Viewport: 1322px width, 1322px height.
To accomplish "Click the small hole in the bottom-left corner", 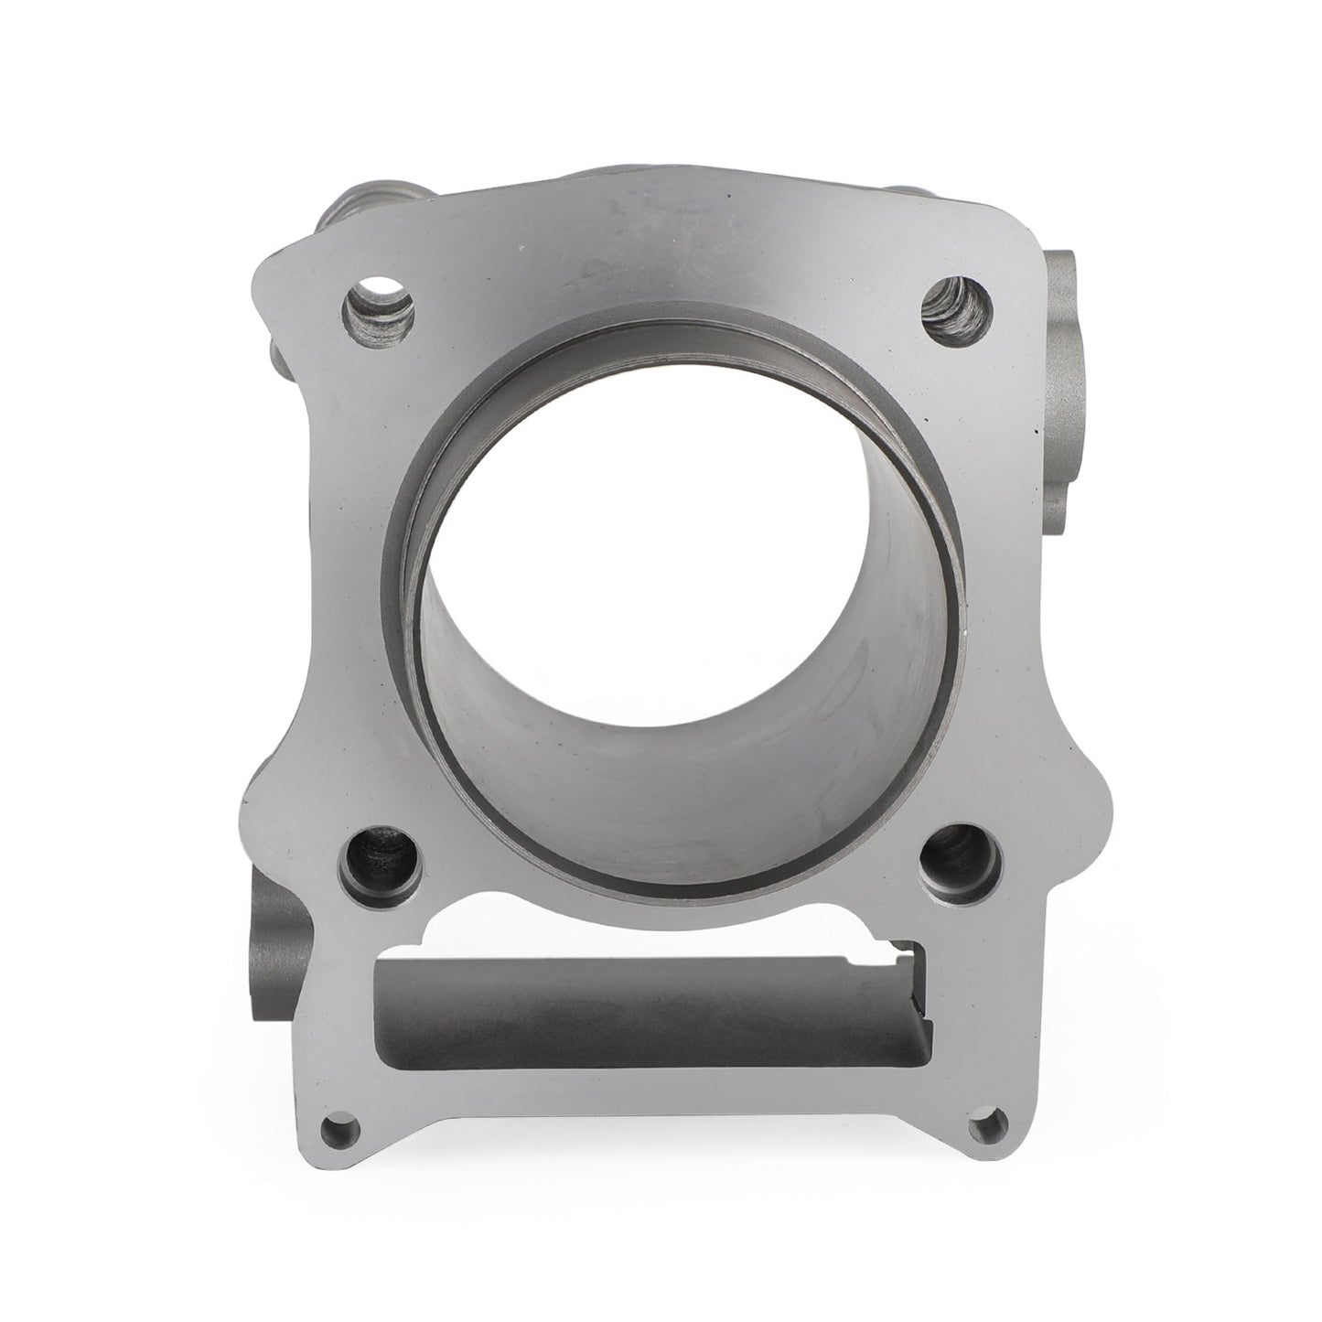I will click(340, 1122).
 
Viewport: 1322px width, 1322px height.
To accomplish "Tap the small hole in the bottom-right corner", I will click(986, 1120).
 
